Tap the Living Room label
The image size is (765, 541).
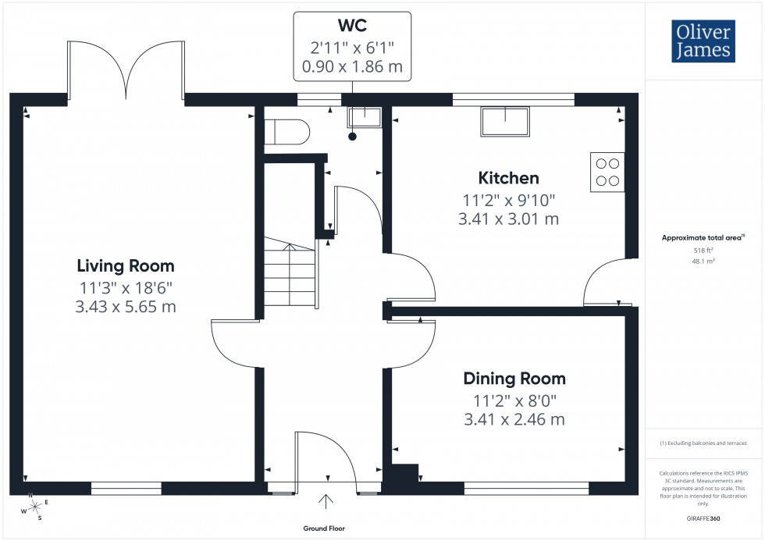click(126, 265)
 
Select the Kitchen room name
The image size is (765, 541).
click(508, 178)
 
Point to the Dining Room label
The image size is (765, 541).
click(514, 379)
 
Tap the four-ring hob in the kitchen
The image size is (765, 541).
click(608, 173)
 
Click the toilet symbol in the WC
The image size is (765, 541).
click(286, 132)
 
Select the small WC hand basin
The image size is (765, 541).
click(363, 118)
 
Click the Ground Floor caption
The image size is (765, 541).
click(324, 529)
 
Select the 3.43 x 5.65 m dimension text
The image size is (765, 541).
click(126, 307)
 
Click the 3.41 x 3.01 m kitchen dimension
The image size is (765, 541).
click(508, 219)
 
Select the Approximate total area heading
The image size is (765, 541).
click(704, 237)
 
